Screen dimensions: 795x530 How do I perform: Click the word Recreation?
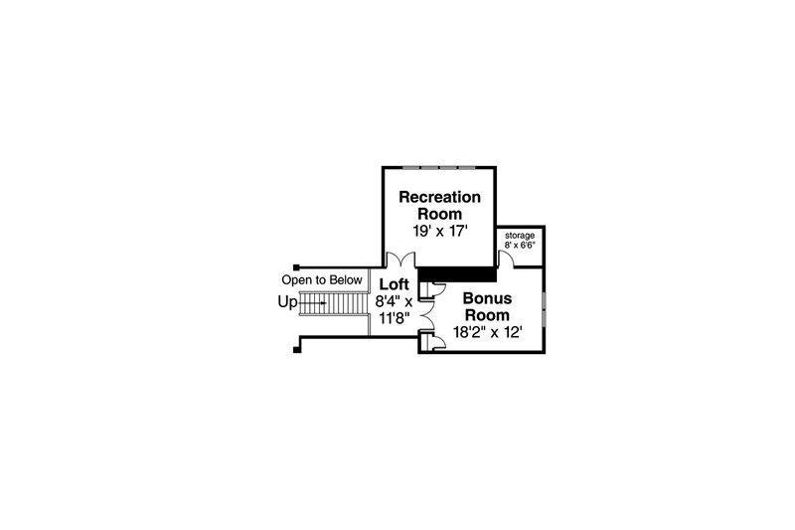coord(439,197)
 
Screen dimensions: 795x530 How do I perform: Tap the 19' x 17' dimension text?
coord(439,232)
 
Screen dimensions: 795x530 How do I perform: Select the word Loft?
coord(394,284)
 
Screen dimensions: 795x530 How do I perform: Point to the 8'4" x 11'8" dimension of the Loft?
coord(394,310)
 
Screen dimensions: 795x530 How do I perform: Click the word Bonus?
coord(487,298)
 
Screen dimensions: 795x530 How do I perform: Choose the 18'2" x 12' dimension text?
coord(487,333)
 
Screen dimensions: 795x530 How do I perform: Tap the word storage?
coord(520,236)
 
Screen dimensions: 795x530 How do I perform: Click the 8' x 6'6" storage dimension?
coord(520,245)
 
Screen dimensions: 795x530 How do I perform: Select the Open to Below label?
coord(322,280)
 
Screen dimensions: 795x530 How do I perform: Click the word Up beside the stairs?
coord(287,302)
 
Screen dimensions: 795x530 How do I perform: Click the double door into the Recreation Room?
coord(401,260)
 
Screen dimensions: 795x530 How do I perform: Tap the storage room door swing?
coord(508,259)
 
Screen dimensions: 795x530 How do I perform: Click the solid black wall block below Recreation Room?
coord(455,274)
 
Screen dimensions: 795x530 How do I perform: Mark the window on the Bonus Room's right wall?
coord(544,309)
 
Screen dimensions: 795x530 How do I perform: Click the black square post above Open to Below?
coord(296,267)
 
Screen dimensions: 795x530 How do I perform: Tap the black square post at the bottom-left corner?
coord(296,349)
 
